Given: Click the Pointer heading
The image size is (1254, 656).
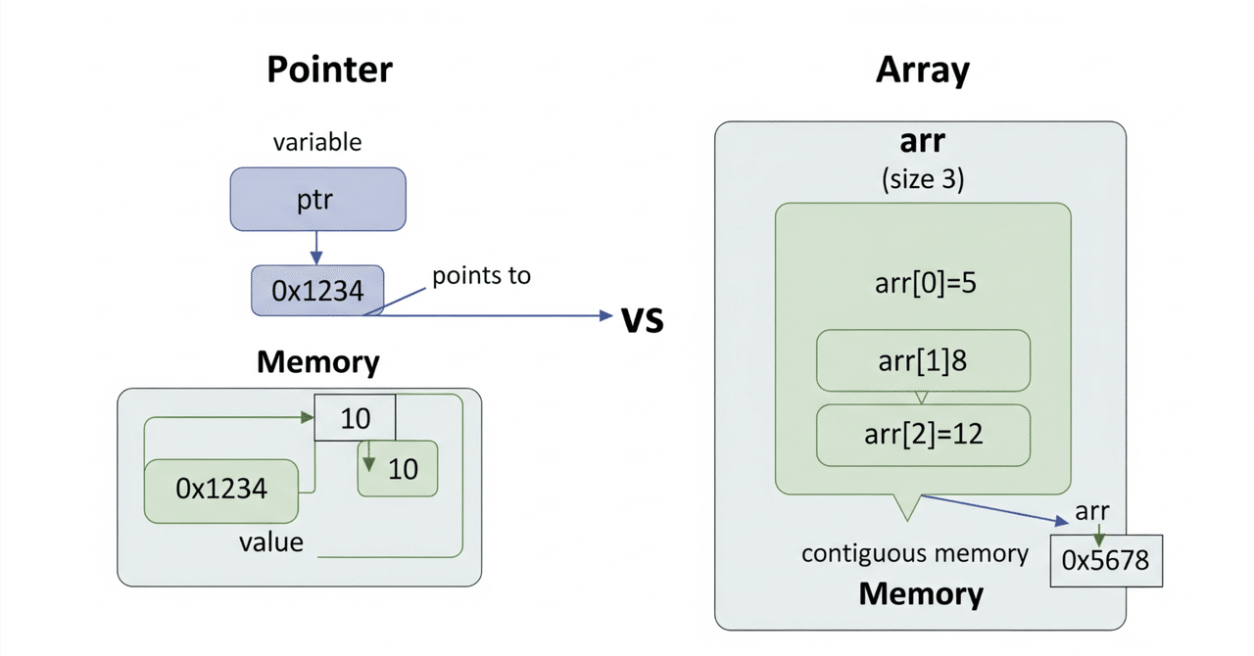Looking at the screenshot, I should point(329,70).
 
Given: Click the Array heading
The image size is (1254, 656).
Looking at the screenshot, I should point(922,70).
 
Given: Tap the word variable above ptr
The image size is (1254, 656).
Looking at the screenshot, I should point(316,142).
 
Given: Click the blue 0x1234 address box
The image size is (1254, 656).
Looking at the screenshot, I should point(317,290).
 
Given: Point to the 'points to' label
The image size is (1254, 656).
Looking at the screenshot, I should point(481,276).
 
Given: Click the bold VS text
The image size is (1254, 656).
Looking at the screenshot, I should point(643,319).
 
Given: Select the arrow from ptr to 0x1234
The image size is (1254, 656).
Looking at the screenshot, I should point(316,248).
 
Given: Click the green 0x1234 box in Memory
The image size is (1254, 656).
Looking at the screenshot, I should point(221,490).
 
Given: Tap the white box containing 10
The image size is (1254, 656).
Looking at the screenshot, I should point(355,419).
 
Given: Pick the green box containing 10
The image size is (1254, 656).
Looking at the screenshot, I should point(398,469).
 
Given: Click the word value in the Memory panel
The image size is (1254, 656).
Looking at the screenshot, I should point(271,541).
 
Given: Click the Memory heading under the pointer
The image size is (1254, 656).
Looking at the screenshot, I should point(317,362).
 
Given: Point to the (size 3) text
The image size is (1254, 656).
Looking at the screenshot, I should point(921,179).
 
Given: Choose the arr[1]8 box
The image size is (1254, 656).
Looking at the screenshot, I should point(923,360).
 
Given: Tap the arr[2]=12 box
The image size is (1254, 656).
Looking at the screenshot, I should point(923,435).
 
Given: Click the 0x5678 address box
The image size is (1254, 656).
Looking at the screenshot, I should point(1105,561).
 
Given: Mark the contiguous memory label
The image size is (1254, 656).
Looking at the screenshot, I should point(915,554).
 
